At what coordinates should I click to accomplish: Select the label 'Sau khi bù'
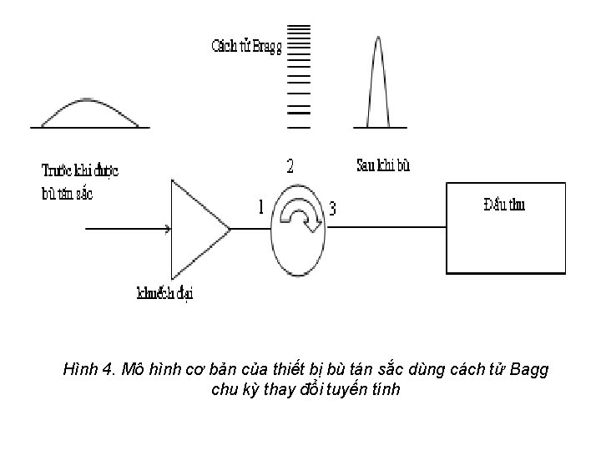[383, 165]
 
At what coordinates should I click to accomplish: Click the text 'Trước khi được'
[80, 171]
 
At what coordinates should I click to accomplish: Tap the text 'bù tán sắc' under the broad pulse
[67, 194]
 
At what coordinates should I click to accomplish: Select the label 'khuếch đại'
[165, 293]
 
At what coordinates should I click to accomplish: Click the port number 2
[290, 166]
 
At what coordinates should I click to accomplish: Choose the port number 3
[333, 209]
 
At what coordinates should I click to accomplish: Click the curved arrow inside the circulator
[299, 219]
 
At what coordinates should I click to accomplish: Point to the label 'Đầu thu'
[504, 205]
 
